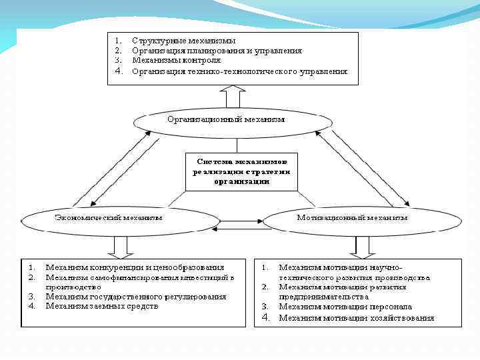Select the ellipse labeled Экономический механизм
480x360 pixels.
pos(110,219)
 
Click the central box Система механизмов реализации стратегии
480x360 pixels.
pos(241,171)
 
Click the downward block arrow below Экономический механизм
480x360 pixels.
pos(121,247)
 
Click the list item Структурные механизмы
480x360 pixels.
pos(183,41)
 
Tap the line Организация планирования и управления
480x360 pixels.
pos(217,51)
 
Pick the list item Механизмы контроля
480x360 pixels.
pos(176,60)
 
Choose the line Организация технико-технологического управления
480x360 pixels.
pos(239,71)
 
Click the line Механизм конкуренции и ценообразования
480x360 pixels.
pos(135,268)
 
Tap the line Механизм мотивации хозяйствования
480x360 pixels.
pos(357,318)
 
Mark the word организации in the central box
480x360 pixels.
pos(241,181)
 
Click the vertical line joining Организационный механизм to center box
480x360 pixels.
pos(237,145)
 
